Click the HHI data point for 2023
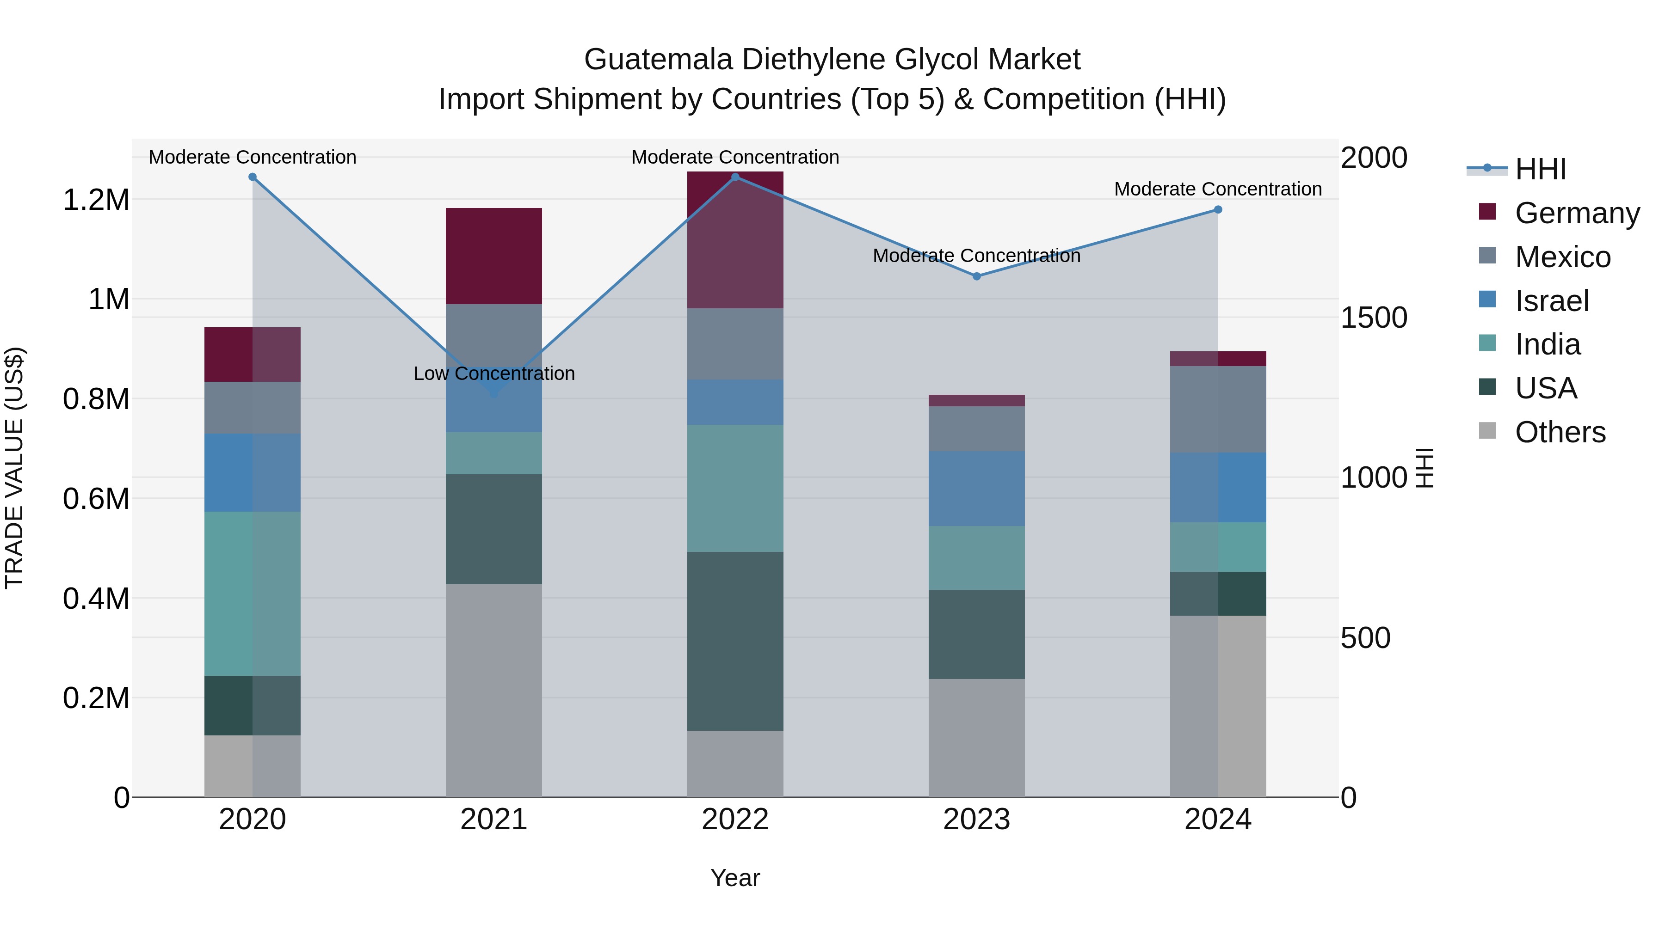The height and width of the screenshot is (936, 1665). [977, 276]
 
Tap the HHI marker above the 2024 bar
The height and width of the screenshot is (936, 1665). [1218, 209]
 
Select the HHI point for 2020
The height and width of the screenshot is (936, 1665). [253, 177]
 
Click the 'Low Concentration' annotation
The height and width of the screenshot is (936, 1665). [494, 373]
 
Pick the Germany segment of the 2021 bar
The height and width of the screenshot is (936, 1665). [494, 256]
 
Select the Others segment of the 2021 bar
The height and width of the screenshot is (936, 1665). [494, 690]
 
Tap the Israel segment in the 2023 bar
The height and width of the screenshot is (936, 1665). [977, 489]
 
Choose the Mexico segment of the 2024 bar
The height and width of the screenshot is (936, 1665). [1218, 409]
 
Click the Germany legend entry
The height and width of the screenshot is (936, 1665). [1577, 213]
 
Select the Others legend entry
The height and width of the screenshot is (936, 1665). [1560, 432]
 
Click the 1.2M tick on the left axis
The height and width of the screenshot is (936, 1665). [96, 200]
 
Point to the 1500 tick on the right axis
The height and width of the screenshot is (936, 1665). [1374, 318]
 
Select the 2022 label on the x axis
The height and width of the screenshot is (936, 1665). [735, 820]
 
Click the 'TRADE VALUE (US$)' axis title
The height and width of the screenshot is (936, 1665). [14, 468]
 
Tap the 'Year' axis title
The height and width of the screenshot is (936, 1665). [735, 878]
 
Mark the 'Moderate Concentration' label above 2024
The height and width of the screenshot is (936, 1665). [1218, 189]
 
